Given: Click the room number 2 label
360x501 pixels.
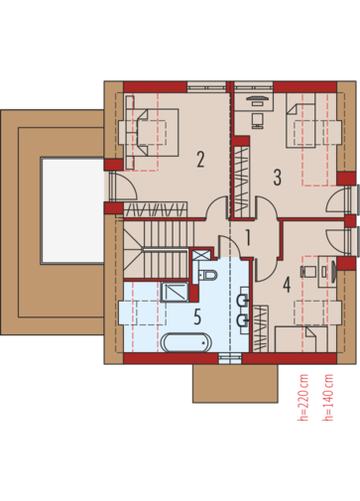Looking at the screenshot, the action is click(200, 160).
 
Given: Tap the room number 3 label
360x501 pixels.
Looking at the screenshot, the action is click(277, 177).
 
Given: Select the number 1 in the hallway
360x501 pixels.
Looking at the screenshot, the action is click(248, 238).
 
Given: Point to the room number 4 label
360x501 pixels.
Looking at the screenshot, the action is click(287, 285).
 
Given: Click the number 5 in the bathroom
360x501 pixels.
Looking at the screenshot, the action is click(197, 316).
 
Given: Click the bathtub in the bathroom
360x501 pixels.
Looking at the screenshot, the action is click(186, 342).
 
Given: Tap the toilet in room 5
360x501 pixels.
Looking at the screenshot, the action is click(208, 275).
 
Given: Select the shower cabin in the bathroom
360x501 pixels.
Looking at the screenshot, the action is click(175, 292).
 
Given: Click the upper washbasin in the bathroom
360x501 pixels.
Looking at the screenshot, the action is click(243, 301).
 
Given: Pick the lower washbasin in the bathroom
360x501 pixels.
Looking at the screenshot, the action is click(243, 320).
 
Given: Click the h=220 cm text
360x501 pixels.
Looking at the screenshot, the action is click(302, 397).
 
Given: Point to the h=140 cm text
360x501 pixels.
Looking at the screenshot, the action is click(327, 397).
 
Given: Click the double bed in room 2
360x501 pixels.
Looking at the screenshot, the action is click(152, 132).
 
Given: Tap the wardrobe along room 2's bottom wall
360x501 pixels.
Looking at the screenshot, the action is click(156, 209).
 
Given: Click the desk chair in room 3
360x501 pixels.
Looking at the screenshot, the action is click(258, 121).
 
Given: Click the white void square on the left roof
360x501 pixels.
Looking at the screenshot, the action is click(72, 210).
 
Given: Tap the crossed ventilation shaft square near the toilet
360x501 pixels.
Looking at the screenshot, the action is click(201, 255).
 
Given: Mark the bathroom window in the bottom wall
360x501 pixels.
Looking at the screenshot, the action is click(230, 358).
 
